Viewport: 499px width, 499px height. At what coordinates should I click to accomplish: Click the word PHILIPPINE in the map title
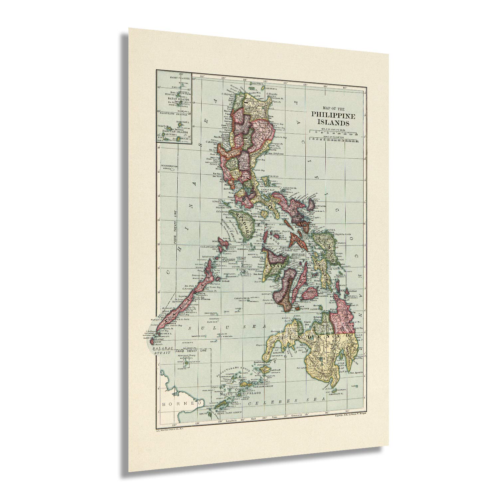333,116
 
